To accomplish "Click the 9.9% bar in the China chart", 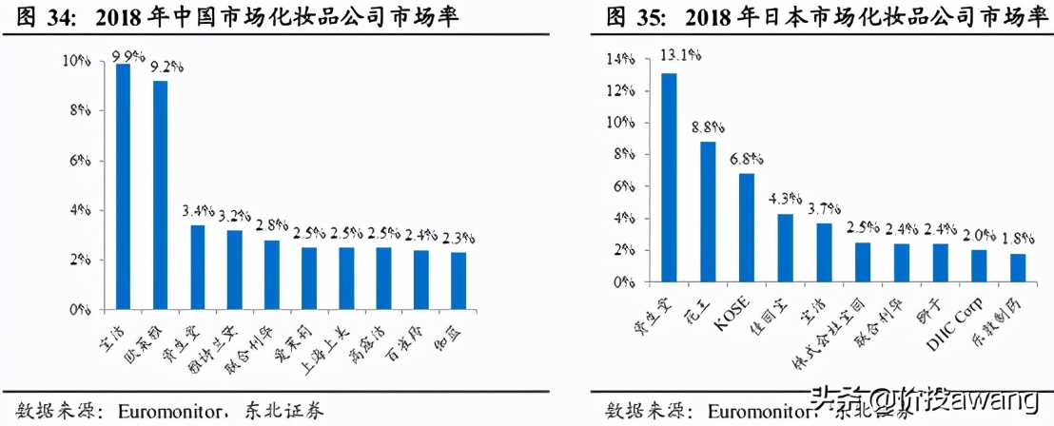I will pyautogui.click(x=123, y=186).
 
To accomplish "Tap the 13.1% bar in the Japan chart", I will pyautogui.click(x=670, y=179).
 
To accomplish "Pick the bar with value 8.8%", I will pyautogui.click(x=708, y=213).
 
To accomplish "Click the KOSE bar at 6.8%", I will pyautogui.click(x=747, y=228).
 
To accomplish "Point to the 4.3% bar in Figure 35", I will pyautogui.click(x=785, y=248).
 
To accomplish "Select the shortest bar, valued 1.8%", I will pyautogui.click(x=1018, y=268).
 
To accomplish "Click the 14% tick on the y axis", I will pyautogui.click(x=619, y=59).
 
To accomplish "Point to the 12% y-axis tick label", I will pyautogui.click(x=619, y=91).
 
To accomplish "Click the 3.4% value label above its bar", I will pyautogui.click(x=200, y=211).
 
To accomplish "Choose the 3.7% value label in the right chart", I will pyautogui.click(x=824, y=208).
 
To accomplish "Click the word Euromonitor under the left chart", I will pyautogui.click(x=177, y=411).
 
